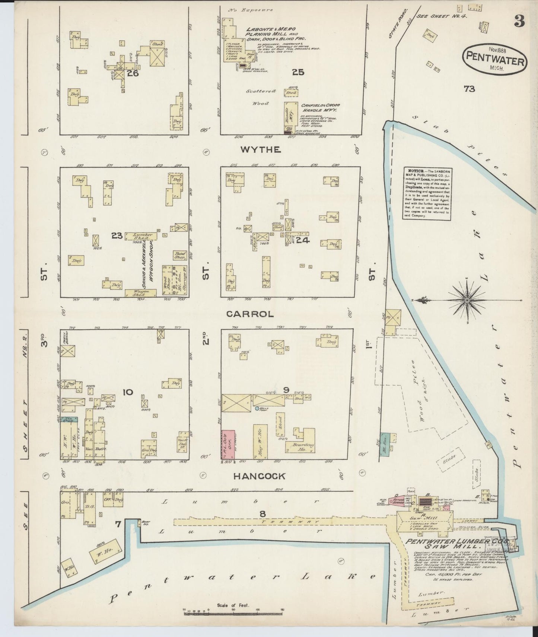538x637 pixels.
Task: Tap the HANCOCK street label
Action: (259, 476)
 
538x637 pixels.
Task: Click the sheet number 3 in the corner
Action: (520, 22)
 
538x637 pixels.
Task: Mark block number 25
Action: (298, 72)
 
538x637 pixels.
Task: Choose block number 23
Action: (117, 235)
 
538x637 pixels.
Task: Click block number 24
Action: (303, 241)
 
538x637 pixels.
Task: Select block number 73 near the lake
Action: (469, 89)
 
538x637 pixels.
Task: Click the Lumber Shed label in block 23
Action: (140, 236)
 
